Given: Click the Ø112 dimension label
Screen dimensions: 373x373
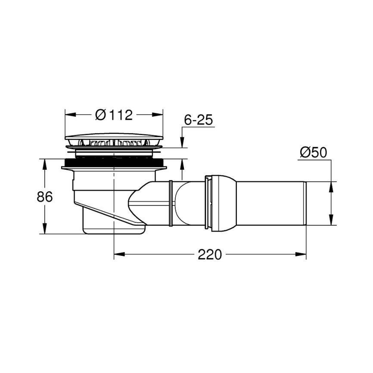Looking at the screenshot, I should [114, 115].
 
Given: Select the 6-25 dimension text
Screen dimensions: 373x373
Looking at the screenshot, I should [199, 121].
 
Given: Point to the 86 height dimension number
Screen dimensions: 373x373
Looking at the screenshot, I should [44, 197].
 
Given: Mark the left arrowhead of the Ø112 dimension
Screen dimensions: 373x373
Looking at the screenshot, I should [69, 115].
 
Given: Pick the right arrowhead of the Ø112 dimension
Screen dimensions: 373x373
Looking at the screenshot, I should [159, 115].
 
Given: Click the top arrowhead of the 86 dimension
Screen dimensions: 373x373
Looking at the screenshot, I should [44, 163].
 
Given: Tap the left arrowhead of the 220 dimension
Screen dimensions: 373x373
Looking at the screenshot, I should [118, 255].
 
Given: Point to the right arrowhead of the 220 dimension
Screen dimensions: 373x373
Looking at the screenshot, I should [302, 255].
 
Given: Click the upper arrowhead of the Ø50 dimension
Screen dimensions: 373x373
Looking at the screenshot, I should [331, 186].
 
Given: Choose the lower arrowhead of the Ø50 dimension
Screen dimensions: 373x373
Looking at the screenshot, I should [331, 221].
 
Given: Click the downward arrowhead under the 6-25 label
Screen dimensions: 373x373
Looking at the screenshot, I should [182, 143].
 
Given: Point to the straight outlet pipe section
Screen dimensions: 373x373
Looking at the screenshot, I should [271, 203].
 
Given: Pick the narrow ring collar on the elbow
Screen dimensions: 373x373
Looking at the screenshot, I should [171, 203].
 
